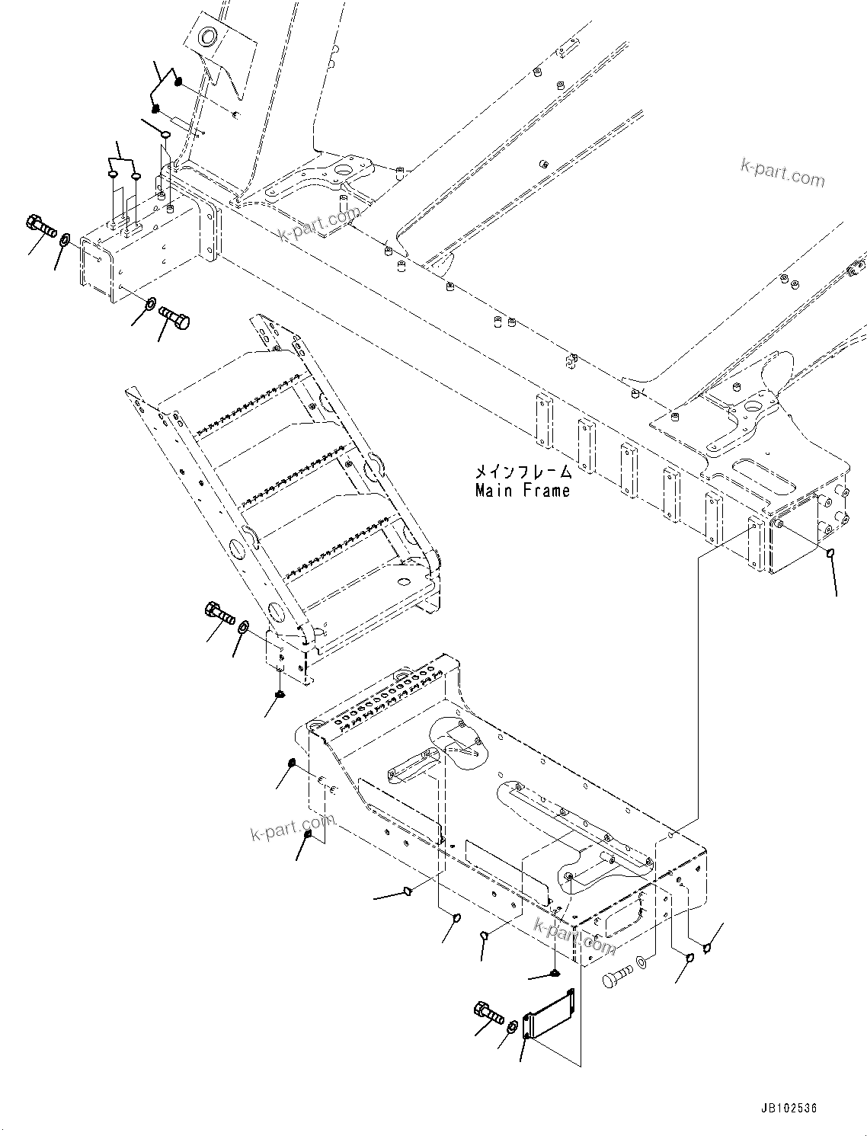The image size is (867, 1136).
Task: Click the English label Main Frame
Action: click(522, 491)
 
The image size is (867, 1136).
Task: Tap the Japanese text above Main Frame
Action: click(522, 473)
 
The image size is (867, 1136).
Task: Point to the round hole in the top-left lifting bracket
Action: click(206, 37)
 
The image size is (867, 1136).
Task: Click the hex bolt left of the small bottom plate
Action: click(488, 1013)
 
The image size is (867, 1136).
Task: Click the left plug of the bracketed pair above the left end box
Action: click(113, 175)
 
